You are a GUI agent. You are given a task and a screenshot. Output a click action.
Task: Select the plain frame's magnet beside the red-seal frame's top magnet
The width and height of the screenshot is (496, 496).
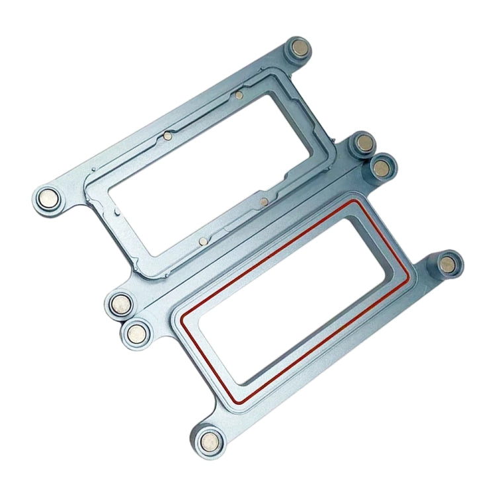click(x=364, y=144)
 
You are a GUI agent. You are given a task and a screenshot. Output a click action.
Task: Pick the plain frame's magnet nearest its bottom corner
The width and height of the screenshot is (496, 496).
click(x=121, y=304)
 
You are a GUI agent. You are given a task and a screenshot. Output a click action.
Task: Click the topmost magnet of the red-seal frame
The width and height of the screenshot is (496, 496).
click(x=381, y=167)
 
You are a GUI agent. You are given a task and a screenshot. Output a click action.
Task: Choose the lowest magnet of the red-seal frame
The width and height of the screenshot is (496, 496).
click(x=210, y=438)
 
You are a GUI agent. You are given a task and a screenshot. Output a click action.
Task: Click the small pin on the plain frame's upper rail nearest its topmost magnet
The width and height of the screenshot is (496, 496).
click(x=237, y=95)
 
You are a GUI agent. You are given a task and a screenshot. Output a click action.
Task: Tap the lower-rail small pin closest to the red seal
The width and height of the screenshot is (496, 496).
click(x=264, y=200)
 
